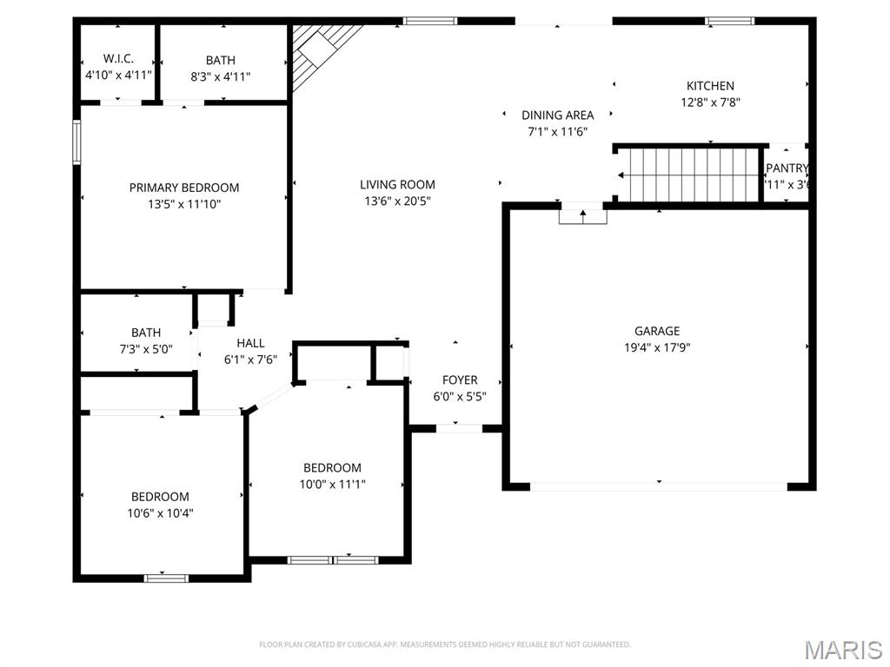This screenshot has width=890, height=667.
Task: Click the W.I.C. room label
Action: point(118,58)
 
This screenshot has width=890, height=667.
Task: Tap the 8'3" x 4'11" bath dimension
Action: point(220,76)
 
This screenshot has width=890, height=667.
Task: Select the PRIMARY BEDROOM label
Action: point(184,188)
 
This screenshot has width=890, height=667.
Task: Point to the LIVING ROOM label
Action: point(397,184)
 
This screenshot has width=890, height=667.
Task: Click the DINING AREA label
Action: point(557,115)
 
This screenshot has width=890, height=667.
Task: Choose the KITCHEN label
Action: point(710,86)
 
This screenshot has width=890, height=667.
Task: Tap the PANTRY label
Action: point(787,168)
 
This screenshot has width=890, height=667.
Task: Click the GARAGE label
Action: point(656,331)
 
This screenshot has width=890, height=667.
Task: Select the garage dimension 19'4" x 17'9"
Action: point(656,347)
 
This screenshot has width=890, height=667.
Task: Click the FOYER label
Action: point(459,380)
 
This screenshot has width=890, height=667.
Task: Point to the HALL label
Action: point(250,343)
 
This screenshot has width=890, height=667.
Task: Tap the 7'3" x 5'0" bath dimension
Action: point(146,349)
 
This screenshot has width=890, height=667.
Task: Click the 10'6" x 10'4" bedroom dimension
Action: point(160,512)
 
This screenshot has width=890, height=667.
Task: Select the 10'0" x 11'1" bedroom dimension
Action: point(332,485)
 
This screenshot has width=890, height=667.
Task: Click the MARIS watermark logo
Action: point(843,650)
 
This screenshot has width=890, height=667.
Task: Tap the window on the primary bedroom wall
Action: point(76,142)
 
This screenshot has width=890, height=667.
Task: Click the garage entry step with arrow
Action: point(582,214)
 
